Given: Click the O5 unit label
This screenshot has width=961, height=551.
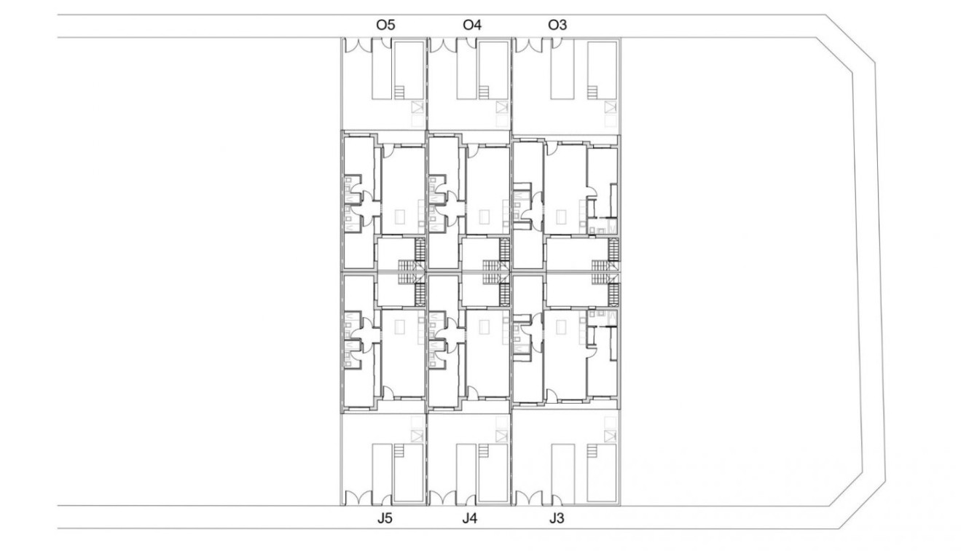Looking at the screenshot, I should click(x=385, y=25).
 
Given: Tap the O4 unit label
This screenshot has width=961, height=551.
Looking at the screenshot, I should click(x=472, y=25).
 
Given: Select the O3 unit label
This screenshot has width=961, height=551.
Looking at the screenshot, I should click(x=557, y=25).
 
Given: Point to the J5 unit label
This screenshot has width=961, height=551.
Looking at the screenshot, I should click(x=385, y=520).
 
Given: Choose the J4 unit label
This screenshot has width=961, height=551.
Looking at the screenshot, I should click(x=471, y=520).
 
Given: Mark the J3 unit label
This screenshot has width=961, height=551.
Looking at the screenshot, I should click(x=557, y=520).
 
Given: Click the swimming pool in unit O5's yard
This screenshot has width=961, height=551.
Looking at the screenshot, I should click(x=399, y=69).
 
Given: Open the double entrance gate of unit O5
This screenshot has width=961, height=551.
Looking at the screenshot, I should click(x=357, y=45).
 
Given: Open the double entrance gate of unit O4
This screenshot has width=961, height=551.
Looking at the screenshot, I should click(x=442, y=45).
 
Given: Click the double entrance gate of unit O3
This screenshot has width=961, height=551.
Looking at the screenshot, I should click(x=528, y=45).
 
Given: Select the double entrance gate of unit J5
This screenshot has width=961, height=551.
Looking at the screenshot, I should click(x=357, y=499).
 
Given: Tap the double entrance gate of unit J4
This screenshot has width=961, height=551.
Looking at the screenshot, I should click(x=442, y=499).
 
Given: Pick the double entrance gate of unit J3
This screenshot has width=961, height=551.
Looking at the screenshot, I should click(x=528, y=499).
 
